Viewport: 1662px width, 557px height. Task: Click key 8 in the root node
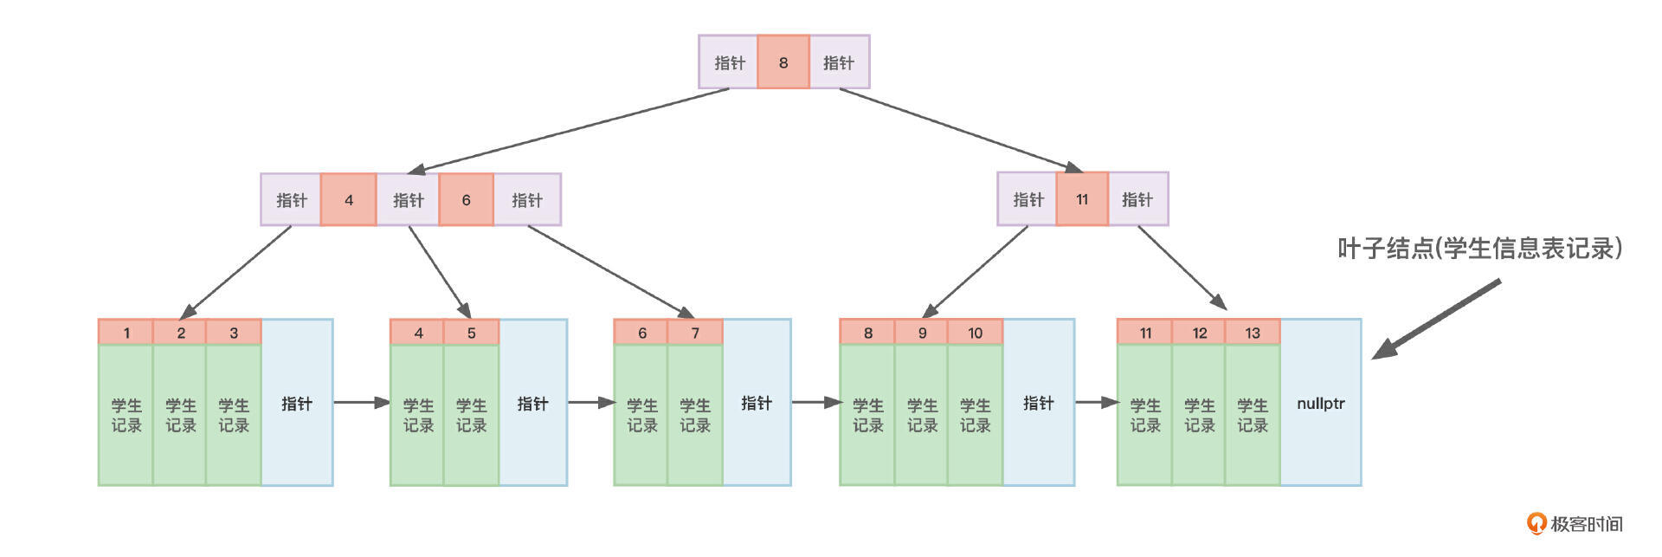tap(783, 62)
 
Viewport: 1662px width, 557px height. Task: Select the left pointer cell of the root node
tap(729, 62)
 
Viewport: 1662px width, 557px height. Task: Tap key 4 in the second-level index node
tap(349, 200)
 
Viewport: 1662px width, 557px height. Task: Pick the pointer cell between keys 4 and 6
tap(408, 200)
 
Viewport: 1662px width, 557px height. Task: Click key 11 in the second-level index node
tap(1082, 199)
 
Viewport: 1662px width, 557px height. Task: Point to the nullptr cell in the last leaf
tap(1321, 403)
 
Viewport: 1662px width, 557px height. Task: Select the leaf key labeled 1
tap(126, 333)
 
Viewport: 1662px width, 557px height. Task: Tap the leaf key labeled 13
tap(1253, 333)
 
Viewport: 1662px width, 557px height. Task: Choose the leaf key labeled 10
tap(976, 333)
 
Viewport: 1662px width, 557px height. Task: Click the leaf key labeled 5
tap(472, 333)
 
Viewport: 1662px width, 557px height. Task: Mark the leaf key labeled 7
tap(695, 333)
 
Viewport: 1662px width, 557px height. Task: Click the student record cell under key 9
tap(922, 415)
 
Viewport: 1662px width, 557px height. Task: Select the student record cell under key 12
tap(1199, 415)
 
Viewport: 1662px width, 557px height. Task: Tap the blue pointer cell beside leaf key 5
tap(532, 403)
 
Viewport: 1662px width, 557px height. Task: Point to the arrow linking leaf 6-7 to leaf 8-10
tap(815, 402)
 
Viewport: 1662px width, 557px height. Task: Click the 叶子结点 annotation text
tap(1479, 249)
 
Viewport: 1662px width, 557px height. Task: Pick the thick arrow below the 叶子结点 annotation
tap(1437, 319)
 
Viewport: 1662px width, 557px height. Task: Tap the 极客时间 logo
tap(1575, 523)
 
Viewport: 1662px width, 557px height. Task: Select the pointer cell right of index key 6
tap(526, 200)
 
